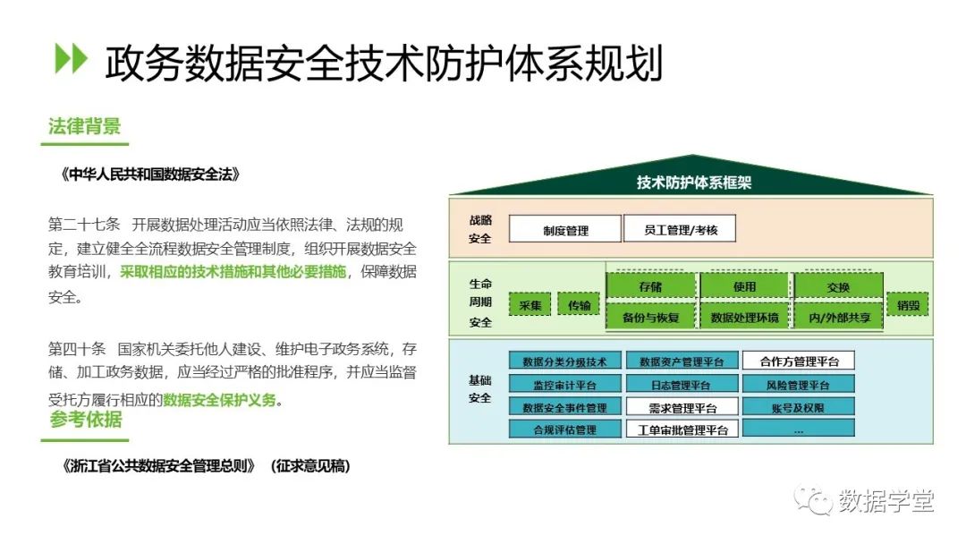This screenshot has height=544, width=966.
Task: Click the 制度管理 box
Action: [x=565, y=230]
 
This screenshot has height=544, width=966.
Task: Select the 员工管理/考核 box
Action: [x=680, y=229]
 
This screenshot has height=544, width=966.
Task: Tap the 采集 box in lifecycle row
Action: [x=530, y=305]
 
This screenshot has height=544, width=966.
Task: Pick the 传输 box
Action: [x=579, y=304]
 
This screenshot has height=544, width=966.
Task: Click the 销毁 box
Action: [x=908, y=305]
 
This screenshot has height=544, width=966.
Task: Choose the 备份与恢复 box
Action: [x=650, y=318]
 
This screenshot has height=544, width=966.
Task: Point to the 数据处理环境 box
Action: [x=744, y=318]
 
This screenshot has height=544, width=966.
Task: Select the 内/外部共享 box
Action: [x=839, y=318]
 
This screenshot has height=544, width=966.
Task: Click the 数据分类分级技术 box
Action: [x=565, y=361]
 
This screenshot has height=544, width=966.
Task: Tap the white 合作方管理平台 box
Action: [x=799, y=361]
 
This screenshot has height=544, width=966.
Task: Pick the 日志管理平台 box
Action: [x=682, y=385]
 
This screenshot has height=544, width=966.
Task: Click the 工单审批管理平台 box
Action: [x=682, y=429]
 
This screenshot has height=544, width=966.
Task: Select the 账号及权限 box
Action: [x=799, y=406]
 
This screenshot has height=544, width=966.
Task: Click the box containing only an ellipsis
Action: [x=799, y=429]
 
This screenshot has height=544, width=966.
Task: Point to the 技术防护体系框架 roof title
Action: [x=694, y=183]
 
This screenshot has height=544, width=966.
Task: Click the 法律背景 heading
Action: [x=84, y=126]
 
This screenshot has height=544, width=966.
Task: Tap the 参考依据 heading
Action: [x=86, y=420]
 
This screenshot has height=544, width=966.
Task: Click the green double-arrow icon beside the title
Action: [x=71, y=58]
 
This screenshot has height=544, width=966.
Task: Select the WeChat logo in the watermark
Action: [x=813, y=499]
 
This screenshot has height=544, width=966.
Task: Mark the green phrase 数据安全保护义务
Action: [x=219, y=400]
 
